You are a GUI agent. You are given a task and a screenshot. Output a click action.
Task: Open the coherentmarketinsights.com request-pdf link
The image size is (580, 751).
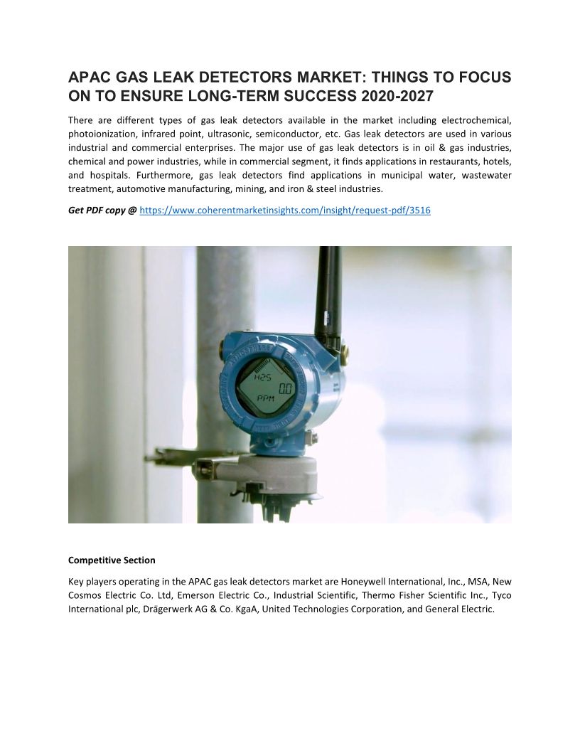click(285, 211)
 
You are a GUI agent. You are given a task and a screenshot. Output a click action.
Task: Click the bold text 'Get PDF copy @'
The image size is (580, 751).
click(102, 211)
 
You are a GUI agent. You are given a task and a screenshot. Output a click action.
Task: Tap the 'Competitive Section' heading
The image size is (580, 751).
click(112, 560)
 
